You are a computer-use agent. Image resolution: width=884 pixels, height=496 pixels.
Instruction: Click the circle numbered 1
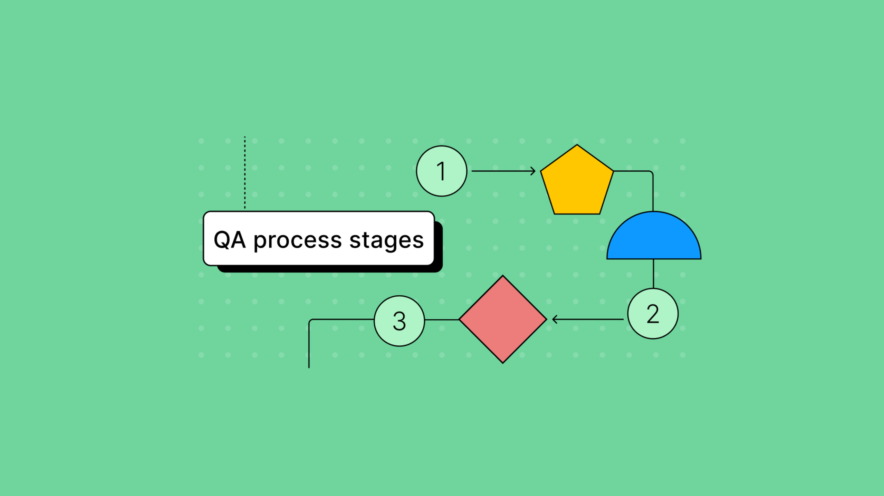(x=442, y=171)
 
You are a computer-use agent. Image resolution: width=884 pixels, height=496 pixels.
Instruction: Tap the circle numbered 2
(x=653, y=314)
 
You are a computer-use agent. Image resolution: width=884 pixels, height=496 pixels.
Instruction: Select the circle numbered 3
(x=400, y=321)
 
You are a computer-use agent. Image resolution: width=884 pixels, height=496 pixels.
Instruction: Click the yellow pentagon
(x=577, y=183)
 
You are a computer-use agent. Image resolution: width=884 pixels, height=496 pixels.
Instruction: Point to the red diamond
(x=503, y=319)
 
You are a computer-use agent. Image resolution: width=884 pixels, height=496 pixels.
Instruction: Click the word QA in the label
(x=230, y=240)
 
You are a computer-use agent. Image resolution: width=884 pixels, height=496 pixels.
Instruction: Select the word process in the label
(x=298, y=240)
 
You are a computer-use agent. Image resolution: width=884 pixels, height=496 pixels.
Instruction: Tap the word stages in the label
(x=386, y=240)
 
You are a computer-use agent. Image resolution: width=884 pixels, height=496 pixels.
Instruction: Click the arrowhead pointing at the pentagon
(x=534, y=171)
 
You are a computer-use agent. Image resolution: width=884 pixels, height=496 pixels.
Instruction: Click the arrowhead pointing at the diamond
(x=554, y=319)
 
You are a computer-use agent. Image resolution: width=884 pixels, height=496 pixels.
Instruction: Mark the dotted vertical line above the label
(x=245, y=173)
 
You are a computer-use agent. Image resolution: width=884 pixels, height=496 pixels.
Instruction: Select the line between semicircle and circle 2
(x=653, y=274)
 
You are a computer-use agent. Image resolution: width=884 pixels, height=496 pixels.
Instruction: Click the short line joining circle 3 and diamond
(x=442, y=320)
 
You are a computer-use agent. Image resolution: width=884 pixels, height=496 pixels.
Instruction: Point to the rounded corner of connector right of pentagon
(x=652, y=172)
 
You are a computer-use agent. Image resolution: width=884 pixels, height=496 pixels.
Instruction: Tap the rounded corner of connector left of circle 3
(x=310, y=321)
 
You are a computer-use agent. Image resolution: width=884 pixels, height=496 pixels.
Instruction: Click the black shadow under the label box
(x=328, y=269)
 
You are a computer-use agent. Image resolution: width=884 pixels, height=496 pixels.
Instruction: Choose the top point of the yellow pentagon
(x=577, y=145)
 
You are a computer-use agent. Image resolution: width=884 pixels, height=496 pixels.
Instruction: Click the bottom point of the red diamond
(x=503, y=362)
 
